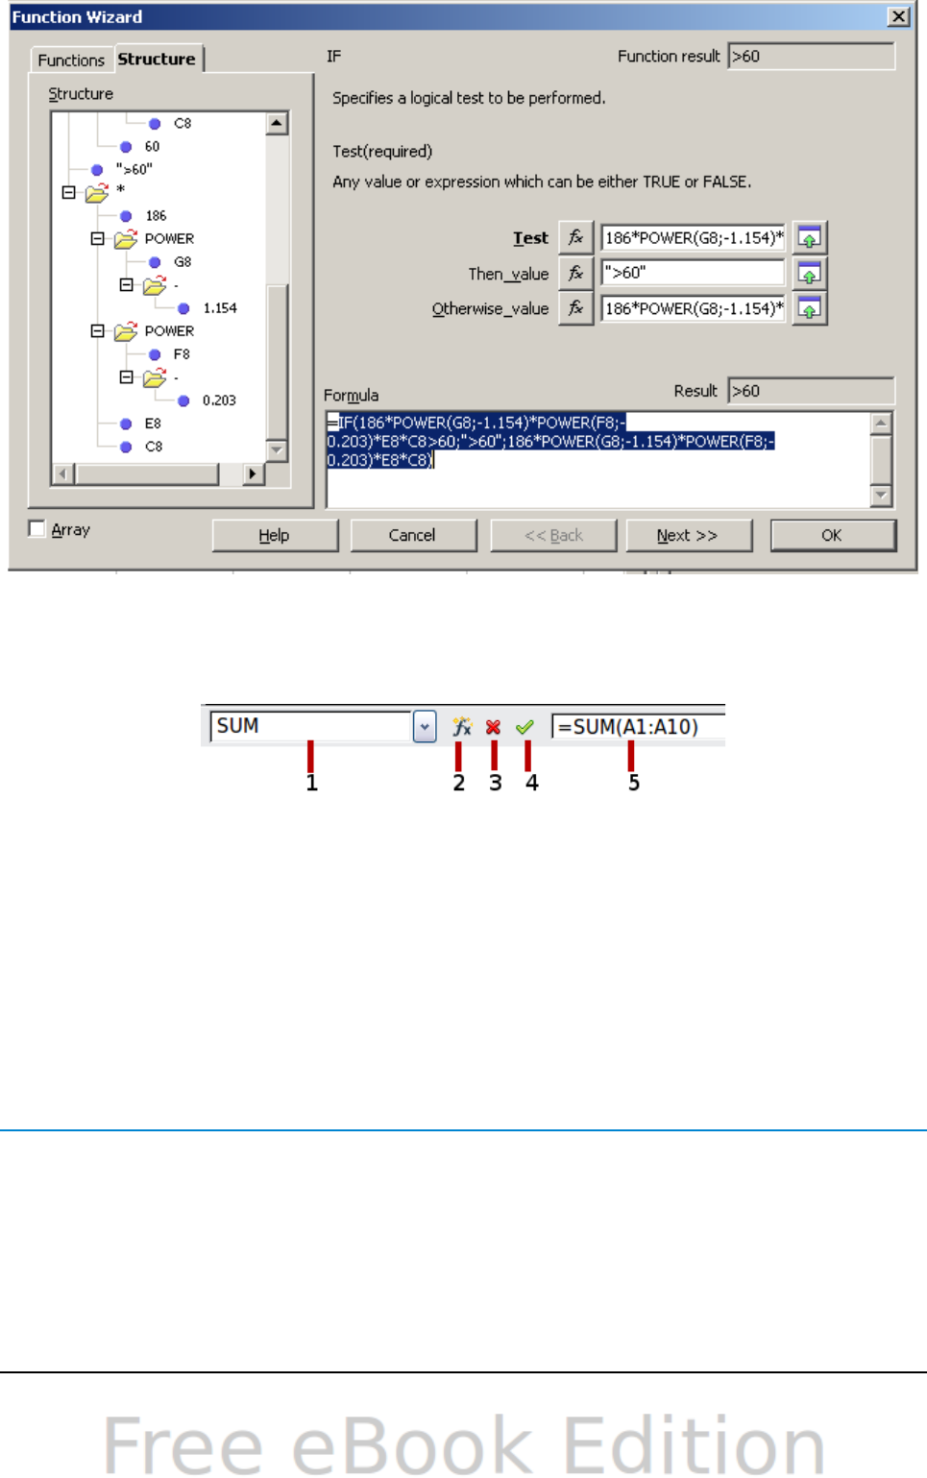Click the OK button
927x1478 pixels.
tap(832, 536)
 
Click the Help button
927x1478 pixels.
tap(275, 536)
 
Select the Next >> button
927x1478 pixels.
tap(688, 536)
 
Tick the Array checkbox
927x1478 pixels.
tap(37, 529)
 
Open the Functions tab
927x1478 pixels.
tap(71, 60)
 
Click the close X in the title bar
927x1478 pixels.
tap(898, 16)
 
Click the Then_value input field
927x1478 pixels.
tap(692, 273)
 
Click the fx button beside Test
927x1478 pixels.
tap(575, 237)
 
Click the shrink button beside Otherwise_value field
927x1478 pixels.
tap(809, 309)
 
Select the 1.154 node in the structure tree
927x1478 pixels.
tap(220, 308)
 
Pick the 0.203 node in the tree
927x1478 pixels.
tap(219, 400)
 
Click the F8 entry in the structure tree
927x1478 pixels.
tap(182, 354)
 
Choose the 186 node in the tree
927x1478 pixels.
tap(156, 216)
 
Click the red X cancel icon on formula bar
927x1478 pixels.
tap(493, 727)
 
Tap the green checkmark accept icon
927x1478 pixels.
tap(524, 727)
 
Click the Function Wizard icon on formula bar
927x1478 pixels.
tap(462, 727)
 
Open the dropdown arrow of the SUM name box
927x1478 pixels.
tap(425, 727)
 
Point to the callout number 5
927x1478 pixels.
tap(634, 784)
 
